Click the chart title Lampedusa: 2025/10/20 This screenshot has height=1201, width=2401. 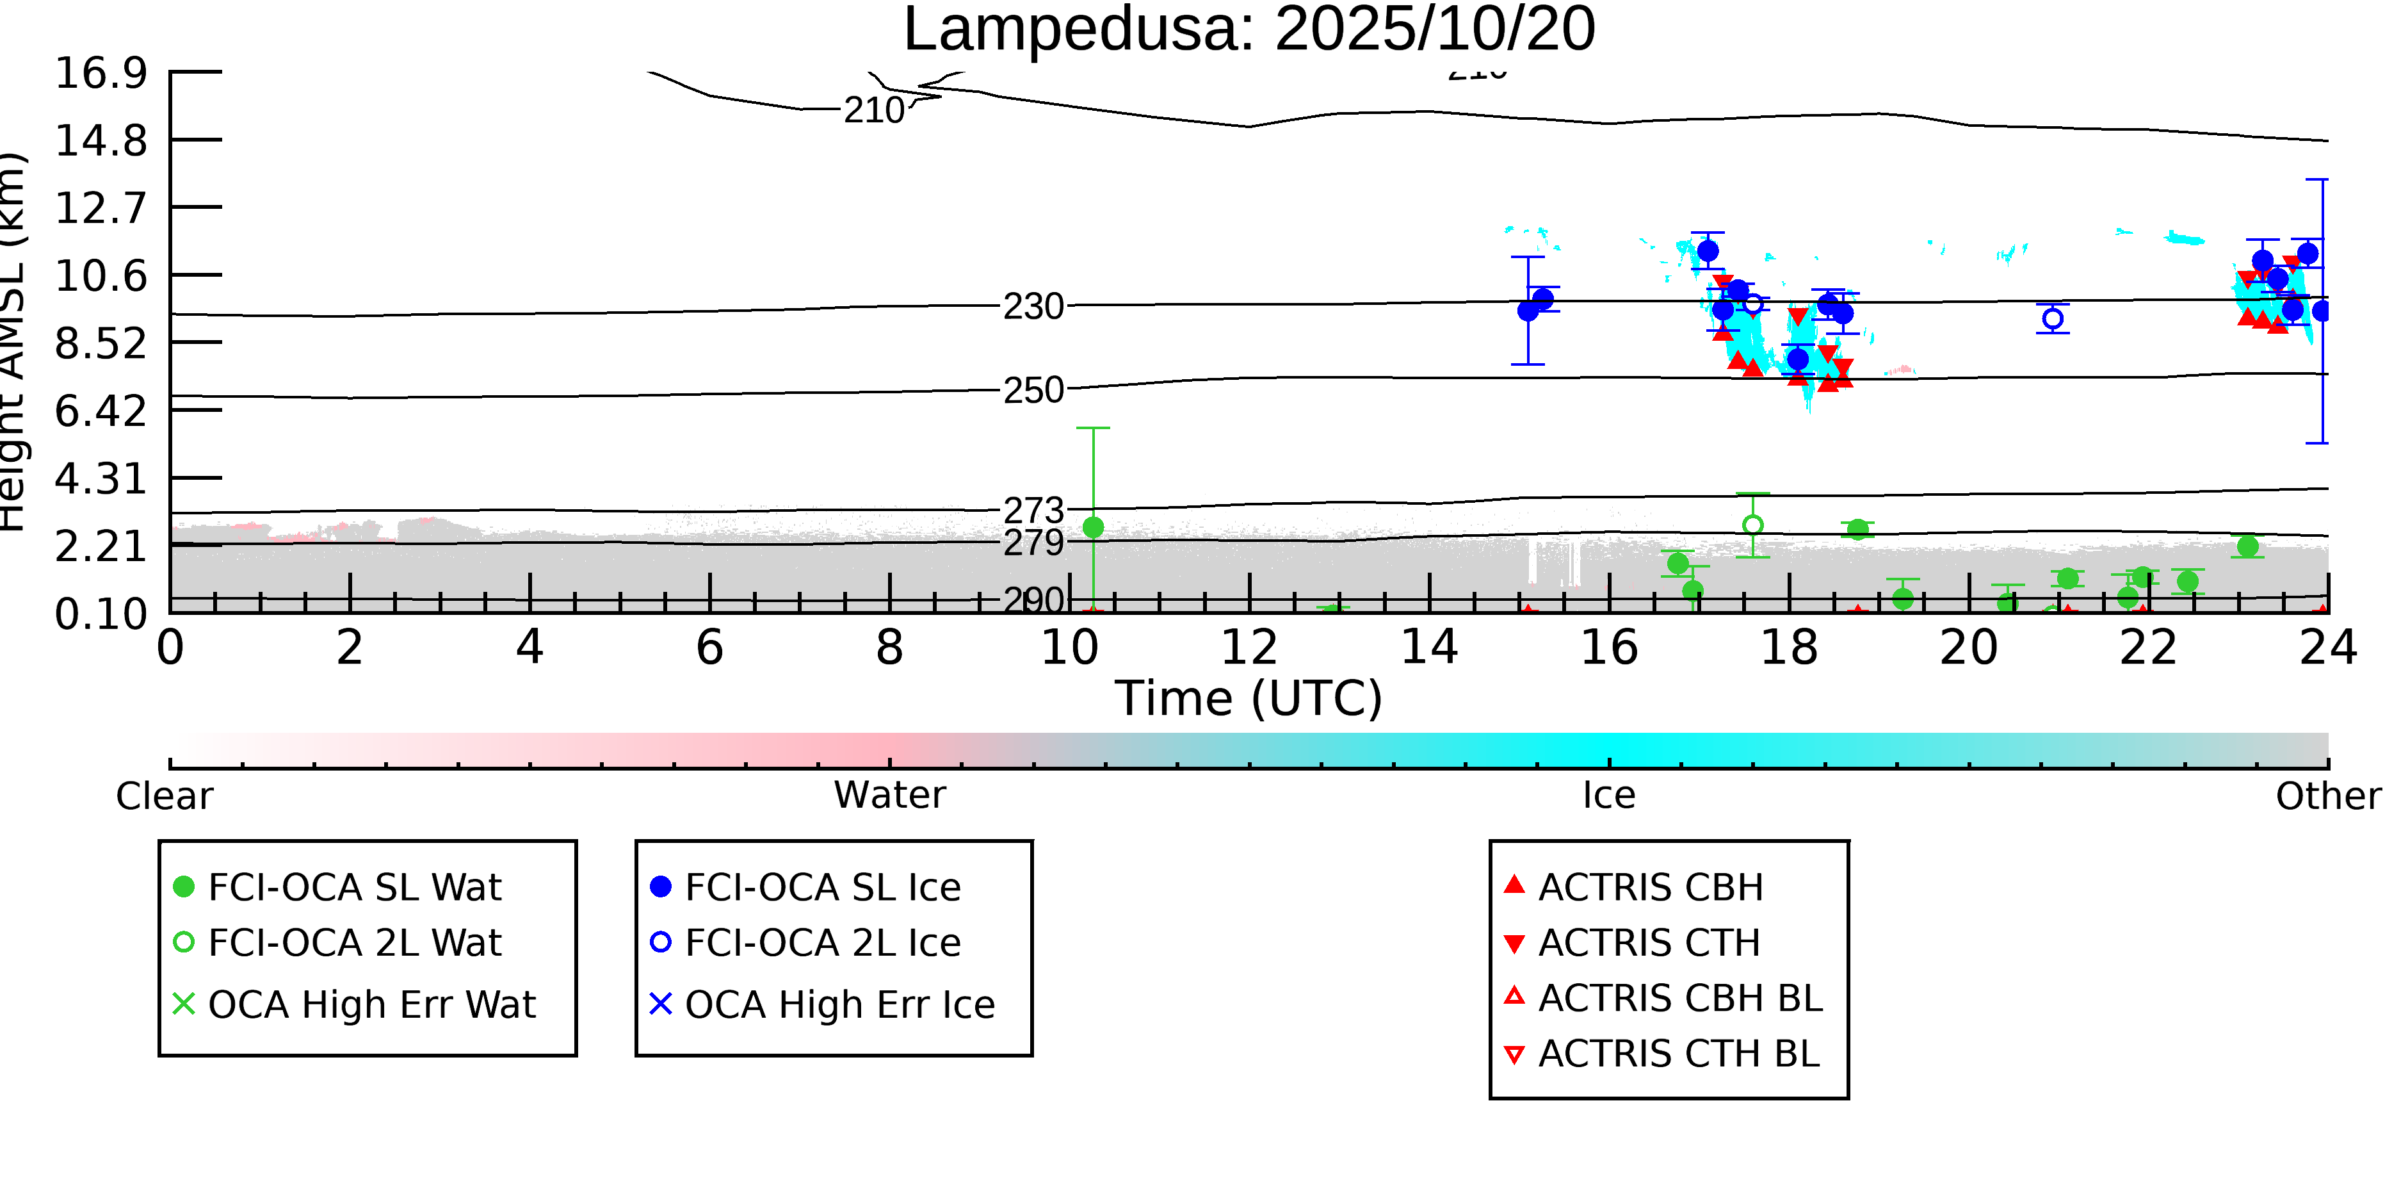[x=1249, y=30]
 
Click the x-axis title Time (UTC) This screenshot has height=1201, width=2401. [x=1249, y=698]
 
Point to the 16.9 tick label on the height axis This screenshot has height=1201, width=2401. [x=101, y=73]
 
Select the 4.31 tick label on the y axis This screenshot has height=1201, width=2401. [x=101, y=478]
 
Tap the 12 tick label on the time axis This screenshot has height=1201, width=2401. [x=1249, y=647]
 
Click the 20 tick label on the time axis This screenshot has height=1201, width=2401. [x=1969, y=647]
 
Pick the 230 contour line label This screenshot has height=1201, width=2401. [x=1033, y=306]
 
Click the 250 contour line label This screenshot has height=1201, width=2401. [x=1033, y=390]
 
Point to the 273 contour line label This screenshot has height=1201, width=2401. [x=1033, y=510]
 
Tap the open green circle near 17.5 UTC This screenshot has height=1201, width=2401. [x=1752, y=525]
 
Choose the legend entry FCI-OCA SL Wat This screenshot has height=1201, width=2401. [x=354, y=886]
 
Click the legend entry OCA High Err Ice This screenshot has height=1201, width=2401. [x=839, y=1004]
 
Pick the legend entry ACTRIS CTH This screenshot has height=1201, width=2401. [x=1649, y=943]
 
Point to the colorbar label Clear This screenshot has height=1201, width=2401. [x=164, y=796]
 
